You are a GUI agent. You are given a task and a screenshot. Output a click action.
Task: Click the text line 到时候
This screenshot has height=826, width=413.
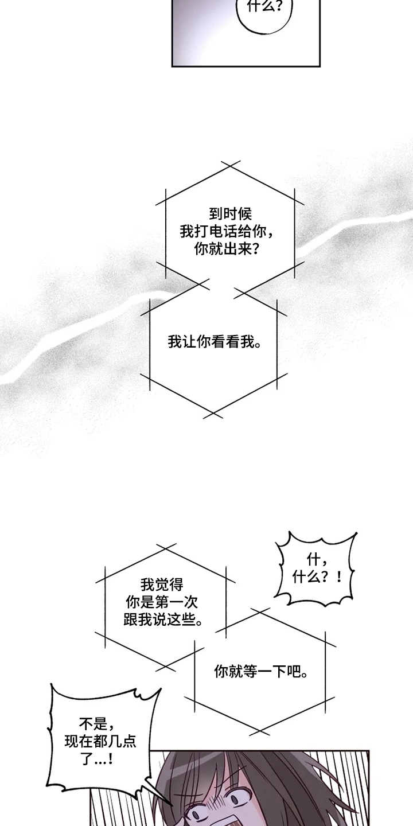click(x=231, y=214)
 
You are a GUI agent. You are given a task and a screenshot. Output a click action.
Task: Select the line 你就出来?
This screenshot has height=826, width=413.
click(x=227, y=250)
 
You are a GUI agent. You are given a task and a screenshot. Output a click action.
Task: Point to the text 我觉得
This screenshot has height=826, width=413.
click(x=162, y=585)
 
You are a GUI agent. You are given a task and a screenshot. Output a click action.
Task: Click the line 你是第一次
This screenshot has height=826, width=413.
click(x=162, y=602)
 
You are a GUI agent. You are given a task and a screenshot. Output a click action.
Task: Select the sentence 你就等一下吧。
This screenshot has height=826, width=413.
click(x=261, y=671)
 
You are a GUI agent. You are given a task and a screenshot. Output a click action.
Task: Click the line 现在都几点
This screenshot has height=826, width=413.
click(x=100, y=741)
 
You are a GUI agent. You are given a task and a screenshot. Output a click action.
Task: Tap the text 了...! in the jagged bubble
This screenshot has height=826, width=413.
click(x=96, y=759)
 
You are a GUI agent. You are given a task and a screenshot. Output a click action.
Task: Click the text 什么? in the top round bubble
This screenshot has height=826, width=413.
click(x=264, y=6)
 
